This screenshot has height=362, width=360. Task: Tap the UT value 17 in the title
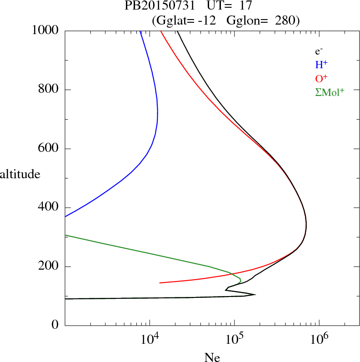point(240,6)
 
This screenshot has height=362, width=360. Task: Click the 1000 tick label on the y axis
point(45,30)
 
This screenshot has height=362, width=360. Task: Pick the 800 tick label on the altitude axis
point(49,90)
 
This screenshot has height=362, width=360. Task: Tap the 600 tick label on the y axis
point(49,149)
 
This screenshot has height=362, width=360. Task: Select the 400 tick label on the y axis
point(49,207)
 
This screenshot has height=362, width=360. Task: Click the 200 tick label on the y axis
point(49,266)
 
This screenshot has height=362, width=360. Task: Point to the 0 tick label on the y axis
point(55,325)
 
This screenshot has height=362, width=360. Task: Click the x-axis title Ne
point(212,357)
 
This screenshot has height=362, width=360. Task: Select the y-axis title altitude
point(20,174)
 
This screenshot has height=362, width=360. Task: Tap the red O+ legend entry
point(321,78)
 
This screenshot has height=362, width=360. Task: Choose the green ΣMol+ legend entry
point(330,92)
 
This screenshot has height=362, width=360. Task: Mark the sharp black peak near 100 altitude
point(255,294)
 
